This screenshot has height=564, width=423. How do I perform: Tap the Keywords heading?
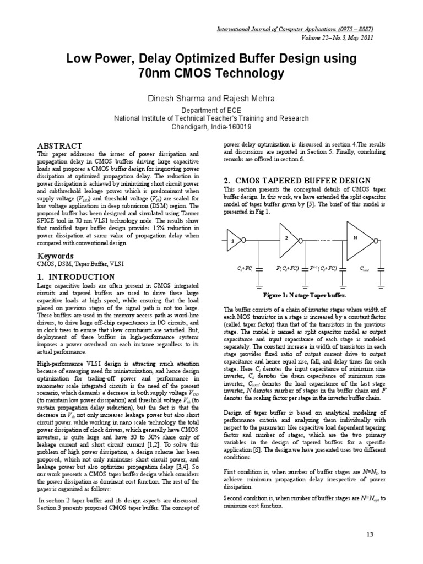55,256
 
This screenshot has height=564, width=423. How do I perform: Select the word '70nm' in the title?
161,73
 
